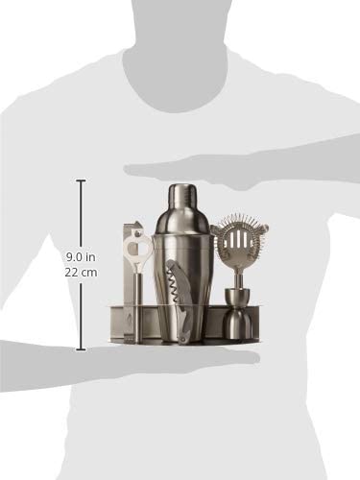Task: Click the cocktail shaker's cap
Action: (181, 194)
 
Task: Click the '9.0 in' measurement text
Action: (81, 256)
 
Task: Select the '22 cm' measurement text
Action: (81, 273)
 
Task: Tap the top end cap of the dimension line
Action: (81, 181)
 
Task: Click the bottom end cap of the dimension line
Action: (81, 349)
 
